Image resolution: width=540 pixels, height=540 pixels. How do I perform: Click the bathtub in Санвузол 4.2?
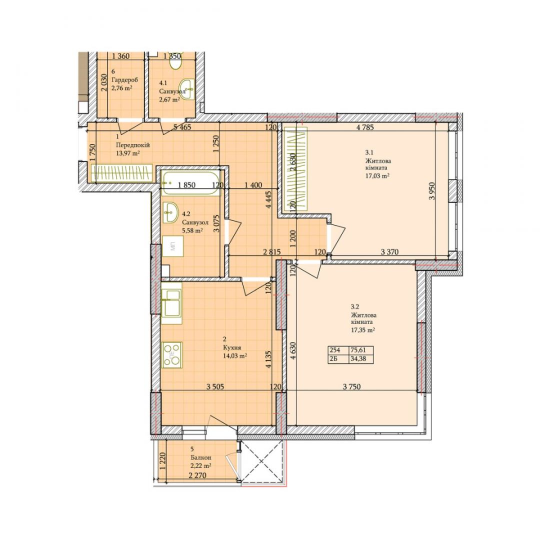[x=190, y=183]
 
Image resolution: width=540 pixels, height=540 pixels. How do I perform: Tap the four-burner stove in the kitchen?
[x=172, y=355]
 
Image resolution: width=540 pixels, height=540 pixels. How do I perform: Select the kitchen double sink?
[x=171, y=303]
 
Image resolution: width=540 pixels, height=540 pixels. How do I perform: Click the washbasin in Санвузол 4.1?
[x=187, y=89]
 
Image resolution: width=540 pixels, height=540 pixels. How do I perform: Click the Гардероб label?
[x=124, y=80]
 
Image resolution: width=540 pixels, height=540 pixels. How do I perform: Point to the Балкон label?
[x=200, y=457]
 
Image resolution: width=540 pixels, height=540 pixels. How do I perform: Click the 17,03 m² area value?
[x=377, y=175]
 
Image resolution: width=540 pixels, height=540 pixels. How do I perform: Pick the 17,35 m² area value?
[x=362, y=329]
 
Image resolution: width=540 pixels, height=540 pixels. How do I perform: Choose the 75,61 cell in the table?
[x=357, y=350]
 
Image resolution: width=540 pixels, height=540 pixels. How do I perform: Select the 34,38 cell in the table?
[x=357, y=359]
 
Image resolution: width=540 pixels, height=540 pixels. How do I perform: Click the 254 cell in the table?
[x=334, y=350]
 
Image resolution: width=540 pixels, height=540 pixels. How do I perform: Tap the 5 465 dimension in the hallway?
[x=182, y=127]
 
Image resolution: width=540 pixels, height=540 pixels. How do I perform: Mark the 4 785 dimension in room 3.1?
[x=365, y=127]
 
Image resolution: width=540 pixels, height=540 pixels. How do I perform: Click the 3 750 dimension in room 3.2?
[x=352, y=386]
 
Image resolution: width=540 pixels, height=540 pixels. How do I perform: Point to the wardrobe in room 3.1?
[x=295, y=168]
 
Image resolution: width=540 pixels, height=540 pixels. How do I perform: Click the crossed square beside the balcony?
[x=261, y=461]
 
